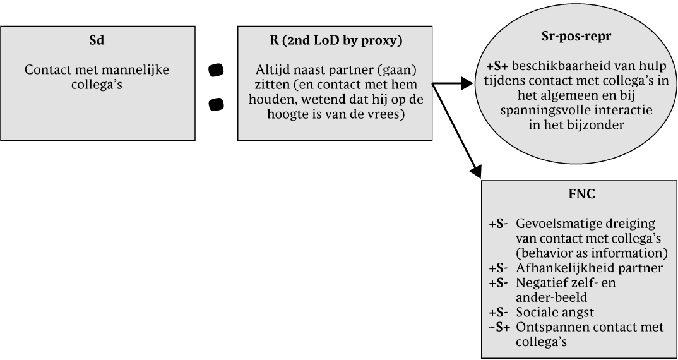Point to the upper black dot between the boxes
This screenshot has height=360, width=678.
click(216, 71)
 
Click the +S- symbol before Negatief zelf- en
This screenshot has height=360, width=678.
click(500, 282)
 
